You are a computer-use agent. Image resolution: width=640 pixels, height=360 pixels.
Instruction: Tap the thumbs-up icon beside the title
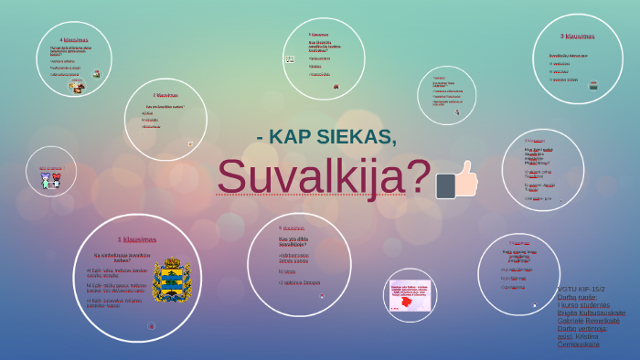coord(457,179)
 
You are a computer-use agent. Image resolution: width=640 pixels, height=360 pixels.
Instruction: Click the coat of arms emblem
coord(170,281)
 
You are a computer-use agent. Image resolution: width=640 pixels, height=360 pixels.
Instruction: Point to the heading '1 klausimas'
coord(137,239)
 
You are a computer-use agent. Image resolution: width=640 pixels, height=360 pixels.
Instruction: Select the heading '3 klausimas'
coord(577,37)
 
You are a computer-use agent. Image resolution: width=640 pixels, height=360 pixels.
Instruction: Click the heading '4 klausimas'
coord(74,40)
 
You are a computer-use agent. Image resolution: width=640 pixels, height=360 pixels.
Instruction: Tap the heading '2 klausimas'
coord(165,95)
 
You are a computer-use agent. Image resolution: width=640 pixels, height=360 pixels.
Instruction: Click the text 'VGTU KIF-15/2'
coord(581,290)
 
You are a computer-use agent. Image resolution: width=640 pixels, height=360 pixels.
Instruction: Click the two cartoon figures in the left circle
coord(51,179)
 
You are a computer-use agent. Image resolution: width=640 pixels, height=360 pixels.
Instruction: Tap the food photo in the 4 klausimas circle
coord(78,88)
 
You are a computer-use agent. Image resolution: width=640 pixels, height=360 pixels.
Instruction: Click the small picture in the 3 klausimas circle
coord(593,85)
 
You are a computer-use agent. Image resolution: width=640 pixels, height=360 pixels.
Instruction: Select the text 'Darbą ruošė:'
coord(577,297)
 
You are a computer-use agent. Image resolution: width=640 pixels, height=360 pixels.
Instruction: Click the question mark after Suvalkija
coord(419,176)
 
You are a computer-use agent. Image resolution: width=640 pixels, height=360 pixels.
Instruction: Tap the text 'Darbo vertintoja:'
coord(582,328)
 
